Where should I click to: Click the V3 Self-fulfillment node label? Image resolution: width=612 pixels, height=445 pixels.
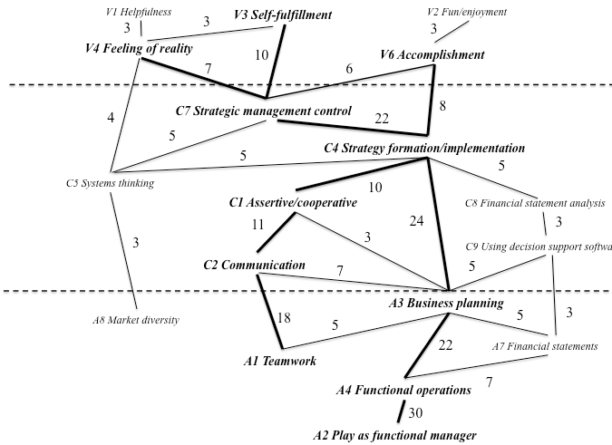pos(282,15)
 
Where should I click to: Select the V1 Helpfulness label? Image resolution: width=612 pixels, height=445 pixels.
pos(139,13)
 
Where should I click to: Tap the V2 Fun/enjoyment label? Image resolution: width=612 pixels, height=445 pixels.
pos(466,13)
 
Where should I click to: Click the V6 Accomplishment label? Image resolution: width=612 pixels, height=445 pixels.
pos(432,55)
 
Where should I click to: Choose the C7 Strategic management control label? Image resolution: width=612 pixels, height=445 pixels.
pos(263,111)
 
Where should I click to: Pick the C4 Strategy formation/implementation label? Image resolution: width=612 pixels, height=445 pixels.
pos(424,148)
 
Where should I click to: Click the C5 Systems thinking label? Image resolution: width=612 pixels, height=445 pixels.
pos(110,184)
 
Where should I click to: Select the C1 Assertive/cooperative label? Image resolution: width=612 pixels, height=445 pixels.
pos(292,202)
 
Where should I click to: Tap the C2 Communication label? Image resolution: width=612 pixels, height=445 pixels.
pos(253,266)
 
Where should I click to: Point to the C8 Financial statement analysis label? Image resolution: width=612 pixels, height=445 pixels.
pos(534,203)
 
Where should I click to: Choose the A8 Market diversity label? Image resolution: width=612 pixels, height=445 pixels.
pos(135,320)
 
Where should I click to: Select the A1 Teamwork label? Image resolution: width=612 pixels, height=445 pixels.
pos(279,361)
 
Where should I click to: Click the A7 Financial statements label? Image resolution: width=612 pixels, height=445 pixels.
pos(543,346)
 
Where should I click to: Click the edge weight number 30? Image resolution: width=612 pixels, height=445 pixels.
pos(415,413)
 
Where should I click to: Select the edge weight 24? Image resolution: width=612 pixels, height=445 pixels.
pos(417,221)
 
